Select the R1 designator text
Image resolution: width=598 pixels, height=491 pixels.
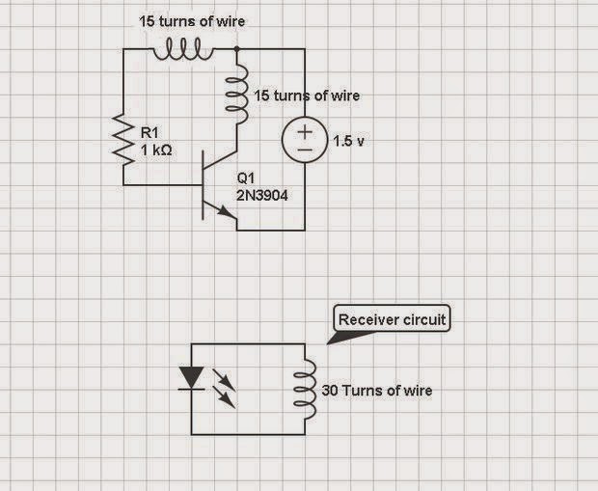[x=149, y=133]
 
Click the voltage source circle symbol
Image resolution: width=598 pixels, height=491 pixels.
[x=305, y=141]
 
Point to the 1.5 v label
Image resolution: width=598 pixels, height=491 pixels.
[x=349, y=141]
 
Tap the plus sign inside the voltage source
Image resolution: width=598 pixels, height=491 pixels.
[x=305, y=132]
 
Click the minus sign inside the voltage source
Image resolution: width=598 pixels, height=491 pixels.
[x=305, y=150]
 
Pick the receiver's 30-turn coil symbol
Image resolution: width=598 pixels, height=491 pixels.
[x=306, y=390]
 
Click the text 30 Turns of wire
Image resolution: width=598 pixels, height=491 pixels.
[x=375, y=391]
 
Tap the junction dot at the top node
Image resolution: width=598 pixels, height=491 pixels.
[x=234, y=48]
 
